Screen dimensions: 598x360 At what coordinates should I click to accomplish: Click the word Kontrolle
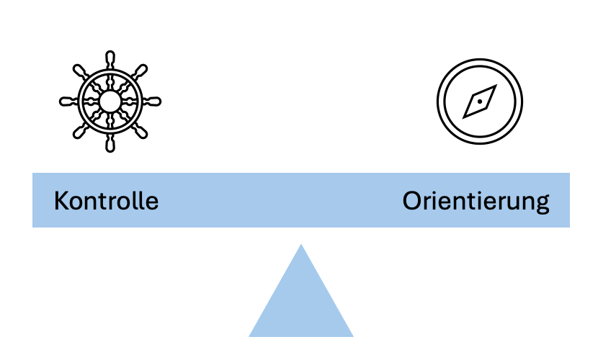106,201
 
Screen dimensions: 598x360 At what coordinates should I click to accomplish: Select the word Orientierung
476,202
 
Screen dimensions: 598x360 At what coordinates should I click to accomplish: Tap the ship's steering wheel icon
110,102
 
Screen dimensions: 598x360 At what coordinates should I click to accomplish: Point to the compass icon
480,102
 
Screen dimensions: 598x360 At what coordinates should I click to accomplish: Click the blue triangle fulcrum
301,301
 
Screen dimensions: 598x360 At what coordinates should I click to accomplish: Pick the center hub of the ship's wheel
110,102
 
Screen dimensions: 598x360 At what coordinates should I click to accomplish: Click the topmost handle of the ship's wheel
110,60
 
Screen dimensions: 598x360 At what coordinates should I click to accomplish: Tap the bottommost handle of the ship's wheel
110,143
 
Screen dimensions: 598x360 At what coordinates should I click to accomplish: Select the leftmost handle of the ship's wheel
68,102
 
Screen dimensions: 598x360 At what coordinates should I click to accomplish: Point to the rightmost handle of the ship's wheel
152,102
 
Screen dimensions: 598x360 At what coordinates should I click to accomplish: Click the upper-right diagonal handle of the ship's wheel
140,72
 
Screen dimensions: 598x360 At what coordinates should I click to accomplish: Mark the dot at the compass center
480,102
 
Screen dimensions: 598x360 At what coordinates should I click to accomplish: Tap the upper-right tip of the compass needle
496,85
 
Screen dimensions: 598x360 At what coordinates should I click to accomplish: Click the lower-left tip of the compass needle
463,118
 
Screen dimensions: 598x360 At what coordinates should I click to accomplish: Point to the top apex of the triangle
301,244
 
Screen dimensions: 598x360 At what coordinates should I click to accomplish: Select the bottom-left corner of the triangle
249,337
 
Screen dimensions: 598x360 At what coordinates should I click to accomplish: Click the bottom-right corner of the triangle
353,337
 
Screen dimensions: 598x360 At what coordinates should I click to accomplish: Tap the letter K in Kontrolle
61,201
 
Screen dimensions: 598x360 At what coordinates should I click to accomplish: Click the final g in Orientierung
542,204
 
